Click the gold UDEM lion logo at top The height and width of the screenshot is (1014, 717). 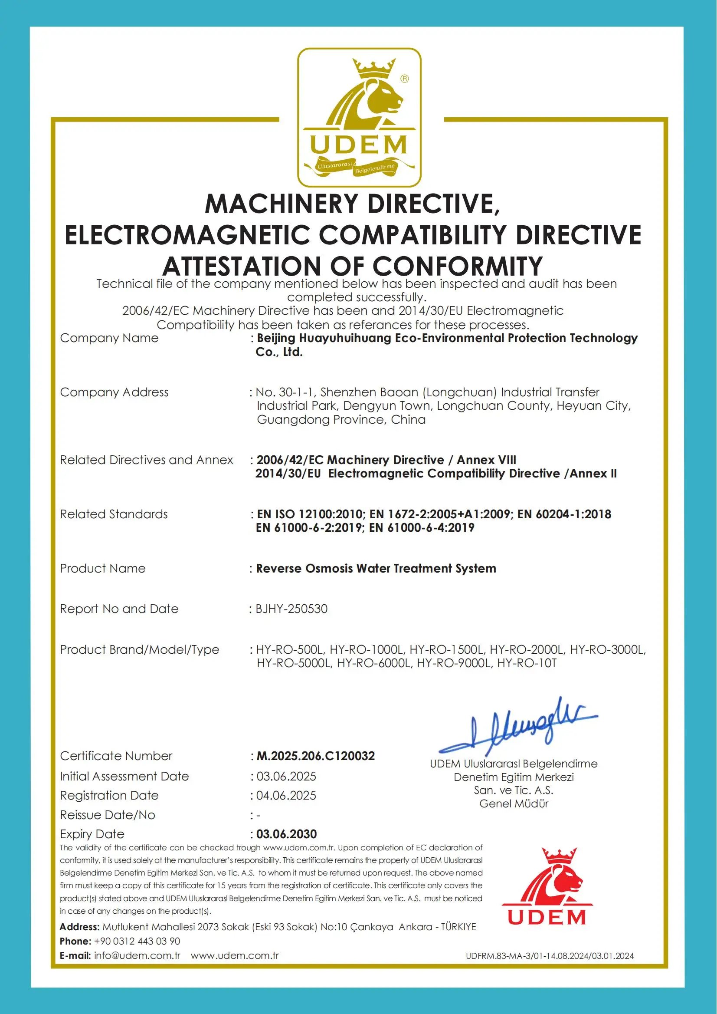359,117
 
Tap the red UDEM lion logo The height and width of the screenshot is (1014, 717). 547,886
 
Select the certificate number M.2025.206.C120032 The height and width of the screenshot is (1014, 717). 315,756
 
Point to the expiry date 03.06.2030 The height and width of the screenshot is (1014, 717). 287,834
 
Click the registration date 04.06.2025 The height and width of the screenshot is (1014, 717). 286,795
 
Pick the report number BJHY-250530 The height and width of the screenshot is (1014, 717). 291,609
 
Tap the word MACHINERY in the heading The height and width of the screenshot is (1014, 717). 281,204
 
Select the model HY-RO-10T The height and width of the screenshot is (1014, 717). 527,663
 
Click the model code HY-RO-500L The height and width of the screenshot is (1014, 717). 290,649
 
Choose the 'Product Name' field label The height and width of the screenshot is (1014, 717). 102,568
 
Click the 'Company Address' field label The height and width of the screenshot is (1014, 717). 114,392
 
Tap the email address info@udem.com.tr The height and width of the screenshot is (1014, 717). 137,955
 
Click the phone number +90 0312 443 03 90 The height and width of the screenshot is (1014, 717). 137,941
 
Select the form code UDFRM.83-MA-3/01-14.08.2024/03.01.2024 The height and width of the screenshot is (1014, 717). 550,956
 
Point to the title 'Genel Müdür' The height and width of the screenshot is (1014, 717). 514,803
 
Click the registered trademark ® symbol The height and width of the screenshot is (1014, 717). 404,79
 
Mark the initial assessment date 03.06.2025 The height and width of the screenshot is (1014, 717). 286,776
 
